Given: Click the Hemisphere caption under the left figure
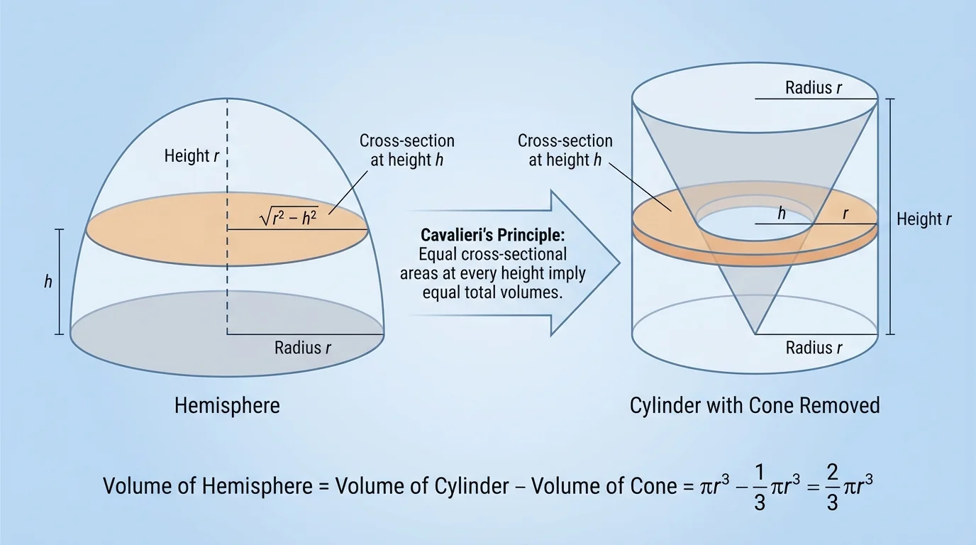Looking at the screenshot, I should pos(227,406).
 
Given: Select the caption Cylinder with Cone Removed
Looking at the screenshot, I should pos(755,406).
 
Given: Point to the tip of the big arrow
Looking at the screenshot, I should pos(619,263).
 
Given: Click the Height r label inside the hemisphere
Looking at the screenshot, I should pos(192,155).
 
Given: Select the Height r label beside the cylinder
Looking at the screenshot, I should pos(924,219).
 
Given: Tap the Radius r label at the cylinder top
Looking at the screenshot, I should pos(814,89).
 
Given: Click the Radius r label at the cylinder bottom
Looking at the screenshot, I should pos(814,348).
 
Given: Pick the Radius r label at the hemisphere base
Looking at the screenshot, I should pos(303,348).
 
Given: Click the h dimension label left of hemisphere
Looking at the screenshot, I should pos(48,282).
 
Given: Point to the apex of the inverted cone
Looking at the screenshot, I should pos(755,334).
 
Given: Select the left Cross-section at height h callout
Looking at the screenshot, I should pos(406,150).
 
